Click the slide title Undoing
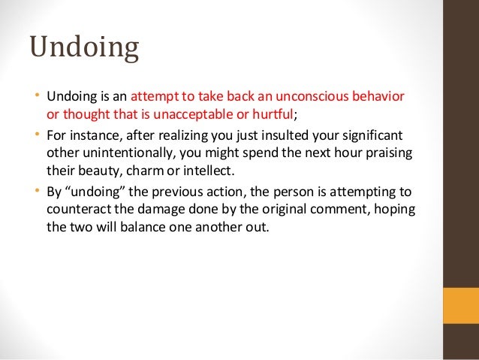pyautogui.click(x=84, y=49)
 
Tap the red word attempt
pyautogui.click(x=154, y=97)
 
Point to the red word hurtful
pyautogui.click(x=275, y=114)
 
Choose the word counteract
pyautogui.click(x=78, y=207)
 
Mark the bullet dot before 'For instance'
pyautogui.click(x=37, y=135)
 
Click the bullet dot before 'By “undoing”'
pyautogui.click(x=37, y=190)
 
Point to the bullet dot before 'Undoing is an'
pyautogui.click(x=37, y=97)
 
